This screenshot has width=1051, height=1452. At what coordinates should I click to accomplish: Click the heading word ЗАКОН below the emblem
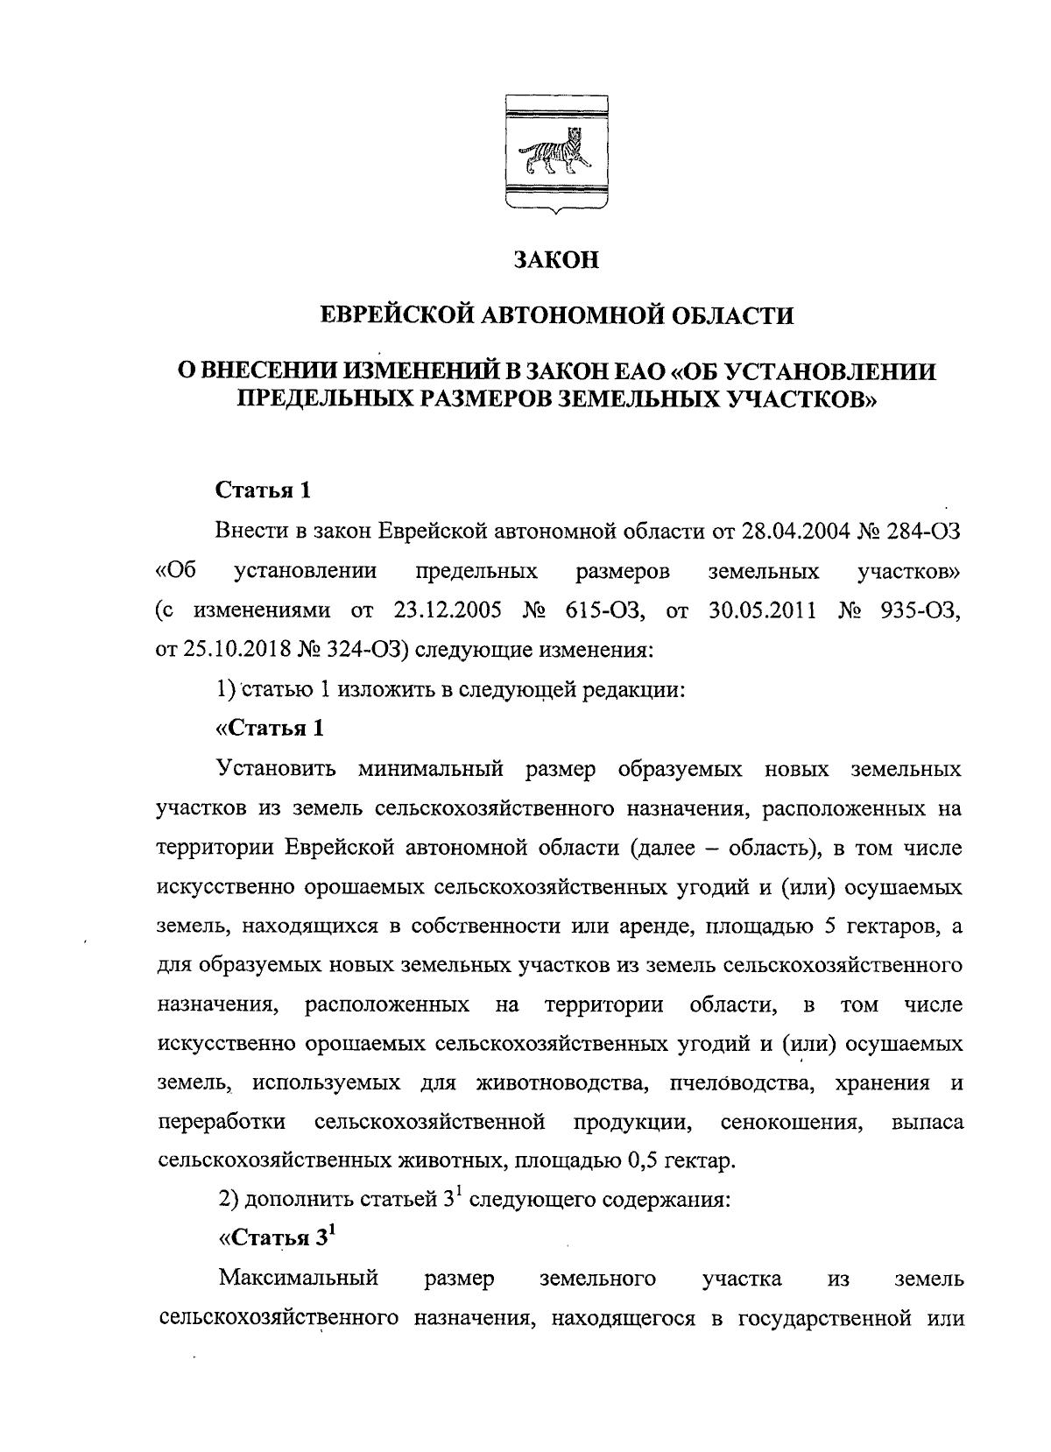click(555, 260)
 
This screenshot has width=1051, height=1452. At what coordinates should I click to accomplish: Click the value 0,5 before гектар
click(642, 1162)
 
